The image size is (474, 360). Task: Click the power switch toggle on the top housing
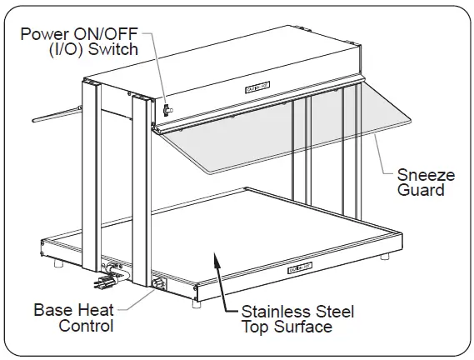point(167,108)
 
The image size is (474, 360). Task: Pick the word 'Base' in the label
point(51,311)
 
